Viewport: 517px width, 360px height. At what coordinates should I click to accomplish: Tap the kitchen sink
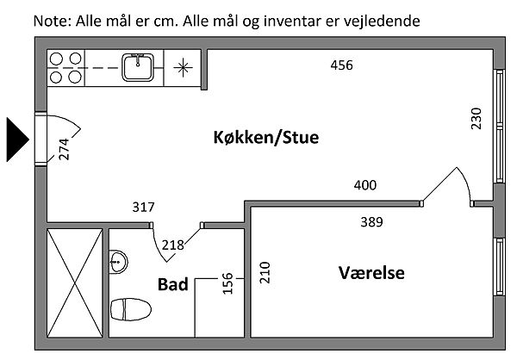[x=136, y=65]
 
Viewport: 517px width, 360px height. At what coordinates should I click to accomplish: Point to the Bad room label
[x=173, y=283]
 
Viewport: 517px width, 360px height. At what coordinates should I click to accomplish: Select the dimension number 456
[x=343, y=65]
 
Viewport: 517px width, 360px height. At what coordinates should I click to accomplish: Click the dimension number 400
[x=365, y=185]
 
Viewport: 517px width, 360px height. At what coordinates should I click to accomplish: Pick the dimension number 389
[x=371, y=222]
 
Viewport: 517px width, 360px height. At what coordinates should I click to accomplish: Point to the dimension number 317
[x=144, y=207]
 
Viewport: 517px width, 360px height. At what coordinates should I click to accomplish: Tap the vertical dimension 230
[x=476, y=117]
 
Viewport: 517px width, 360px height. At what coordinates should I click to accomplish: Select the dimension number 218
[x=173, y=245]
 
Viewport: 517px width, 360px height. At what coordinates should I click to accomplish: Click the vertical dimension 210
[x=266, y=273]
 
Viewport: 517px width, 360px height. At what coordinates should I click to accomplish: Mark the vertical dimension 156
[x=227, y=283]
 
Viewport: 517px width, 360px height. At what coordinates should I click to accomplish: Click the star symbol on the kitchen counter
[x=184, y=67]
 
